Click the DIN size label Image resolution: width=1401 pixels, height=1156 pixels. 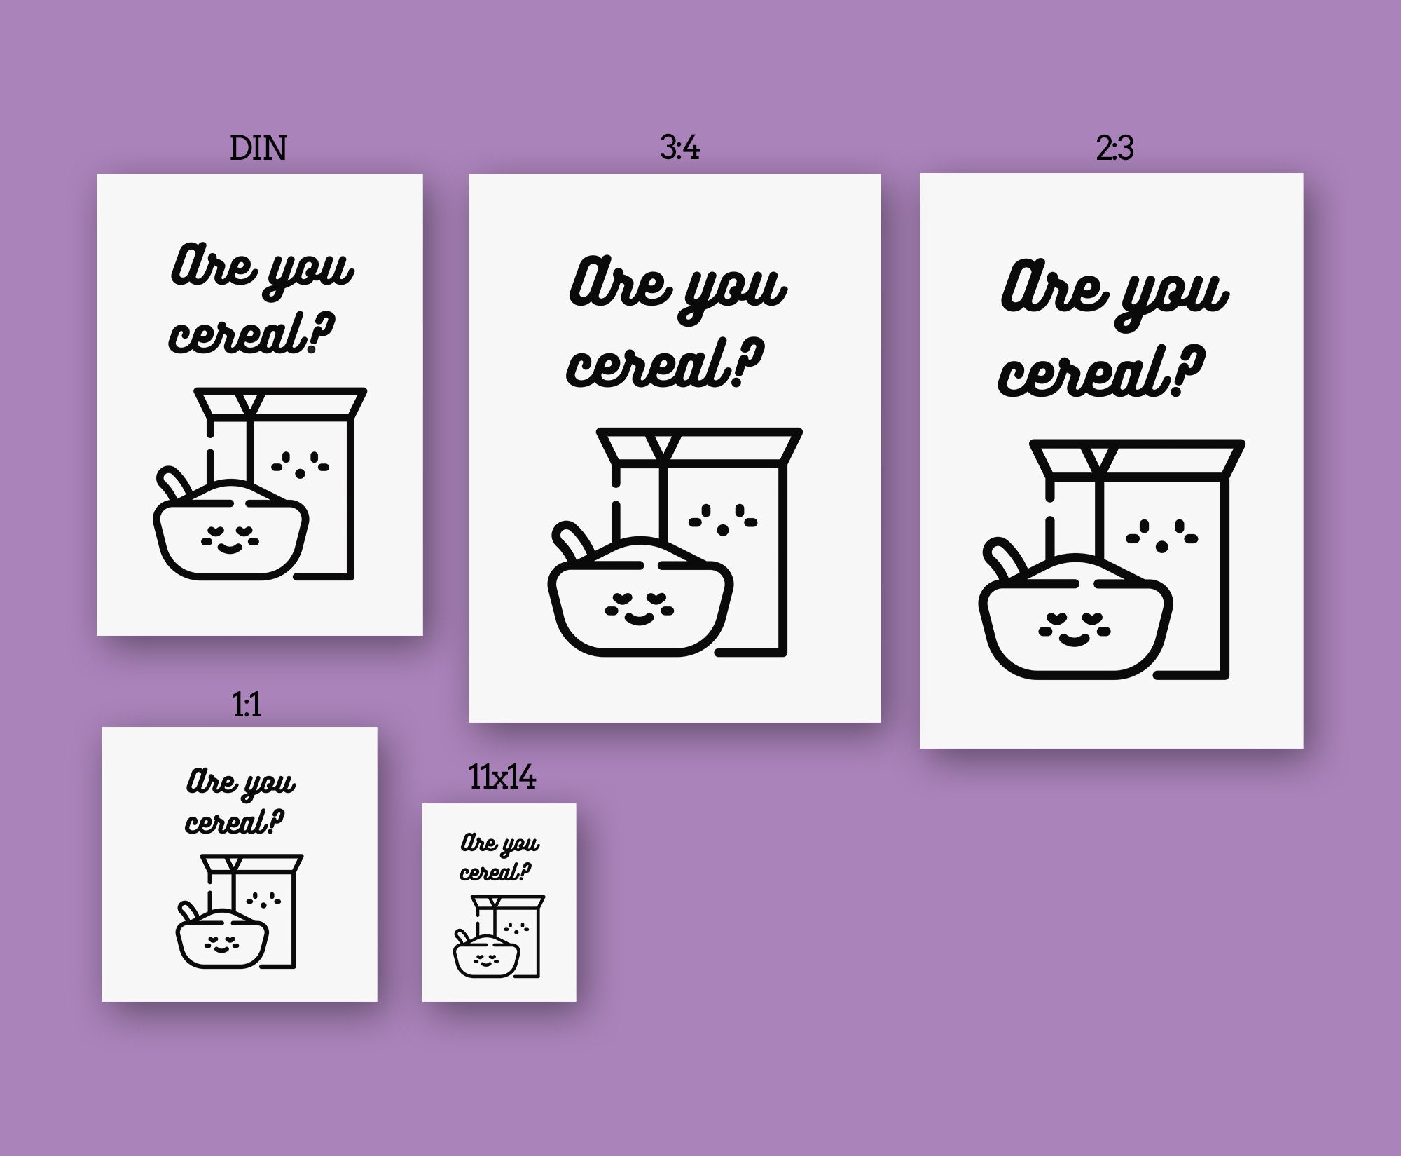click(258, 149)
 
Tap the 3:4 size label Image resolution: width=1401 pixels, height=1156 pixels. click(679, 148)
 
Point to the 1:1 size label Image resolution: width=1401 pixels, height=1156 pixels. click(247, 704)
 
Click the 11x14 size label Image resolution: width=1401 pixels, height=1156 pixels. click(502, 777)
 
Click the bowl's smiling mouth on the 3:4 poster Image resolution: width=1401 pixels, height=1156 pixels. click(638, 618)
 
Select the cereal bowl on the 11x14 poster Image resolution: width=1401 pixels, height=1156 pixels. click(486, 958)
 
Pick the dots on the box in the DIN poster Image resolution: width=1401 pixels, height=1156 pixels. click(301, 464)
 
